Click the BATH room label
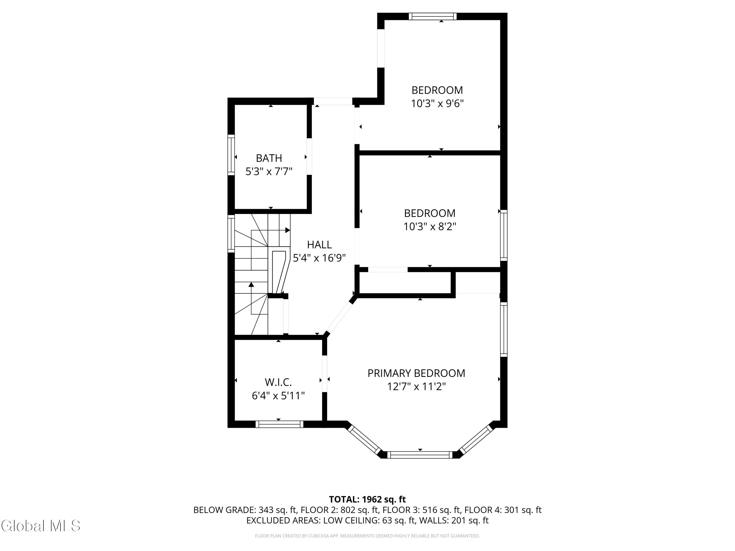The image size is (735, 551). [x=269, y=158]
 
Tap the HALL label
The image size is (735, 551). [x=319, y=245]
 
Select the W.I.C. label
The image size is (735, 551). [x=279, y=382]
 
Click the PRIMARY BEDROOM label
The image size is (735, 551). [x=416, y=373]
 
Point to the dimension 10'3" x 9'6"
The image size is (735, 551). [x=437, y=104]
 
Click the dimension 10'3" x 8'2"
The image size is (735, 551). [x=430, y=227]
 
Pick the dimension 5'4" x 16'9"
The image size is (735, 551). [x=319, y=258]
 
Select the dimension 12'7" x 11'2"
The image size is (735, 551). [x=416, y=387]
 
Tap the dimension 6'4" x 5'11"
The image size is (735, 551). [x=279, y=396]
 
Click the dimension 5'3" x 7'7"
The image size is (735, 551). [x=269, y=172]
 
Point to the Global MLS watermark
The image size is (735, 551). [x=40, y=526]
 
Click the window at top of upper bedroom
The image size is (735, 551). [x=432, y=16]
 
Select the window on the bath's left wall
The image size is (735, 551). [x=231, y=155]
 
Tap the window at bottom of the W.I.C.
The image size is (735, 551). [x=280, y=424]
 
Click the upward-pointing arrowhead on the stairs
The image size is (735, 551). [x=251, y=284]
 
